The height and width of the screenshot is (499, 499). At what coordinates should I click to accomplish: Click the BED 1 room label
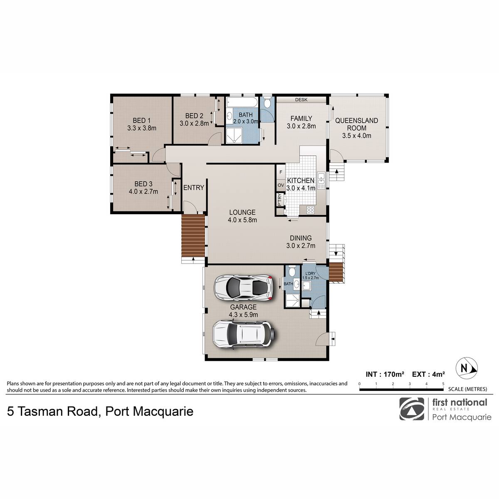point(141,121)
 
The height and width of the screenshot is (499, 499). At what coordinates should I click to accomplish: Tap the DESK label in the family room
point(301,100)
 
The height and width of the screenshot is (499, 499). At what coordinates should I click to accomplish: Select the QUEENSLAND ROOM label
point(356,124)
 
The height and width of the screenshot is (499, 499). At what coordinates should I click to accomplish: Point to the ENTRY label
point(194,188)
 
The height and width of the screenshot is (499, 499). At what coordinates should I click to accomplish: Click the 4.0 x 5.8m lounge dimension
point(242,220)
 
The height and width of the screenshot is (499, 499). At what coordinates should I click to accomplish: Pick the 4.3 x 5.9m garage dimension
point(243,315)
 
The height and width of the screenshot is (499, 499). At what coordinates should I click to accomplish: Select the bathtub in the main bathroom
point(242,103)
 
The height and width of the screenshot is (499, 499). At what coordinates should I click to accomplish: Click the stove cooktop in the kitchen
point(311,210)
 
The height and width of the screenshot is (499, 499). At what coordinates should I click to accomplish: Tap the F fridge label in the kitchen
point(281,172)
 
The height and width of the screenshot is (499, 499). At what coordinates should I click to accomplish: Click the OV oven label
point(281,185)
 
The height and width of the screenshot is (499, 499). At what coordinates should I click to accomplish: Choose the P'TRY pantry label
point(279,200)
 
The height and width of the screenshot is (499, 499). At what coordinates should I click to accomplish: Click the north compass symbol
point(467,368)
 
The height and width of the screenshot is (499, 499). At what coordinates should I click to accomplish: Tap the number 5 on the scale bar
point(443,384)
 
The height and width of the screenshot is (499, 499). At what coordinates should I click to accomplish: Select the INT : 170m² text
point(385,374)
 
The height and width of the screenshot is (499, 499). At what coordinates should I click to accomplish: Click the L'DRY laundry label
point(311,274)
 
